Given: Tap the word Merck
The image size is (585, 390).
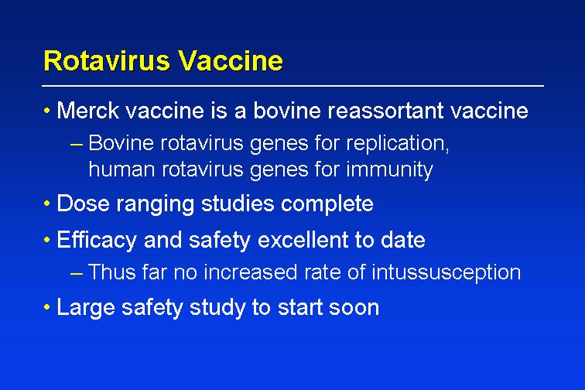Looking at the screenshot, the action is coord(88,111).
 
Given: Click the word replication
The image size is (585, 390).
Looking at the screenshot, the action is coord(397,144).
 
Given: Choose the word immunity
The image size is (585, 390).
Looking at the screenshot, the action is coord(389,170).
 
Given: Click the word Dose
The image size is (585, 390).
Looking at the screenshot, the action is coord(83,204).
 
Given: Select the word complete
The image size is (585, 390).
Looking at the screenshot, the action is coord(327,204).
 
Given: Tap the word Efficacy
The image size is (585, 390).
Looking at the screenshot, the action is coord(97,240).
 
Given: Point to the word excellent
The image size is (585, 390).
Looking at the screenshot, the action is coord(303,240).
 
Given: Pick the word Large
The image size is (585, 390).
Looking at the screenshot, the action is coord(86,308).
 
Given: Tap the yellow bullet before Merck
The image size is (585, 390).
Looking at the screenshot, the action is coord(46,111).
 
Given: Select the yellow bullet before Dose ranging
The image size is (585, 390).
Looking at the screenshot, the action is coord(46,204).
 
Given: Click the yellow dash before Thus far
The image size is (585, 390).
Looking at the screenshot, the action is coord(76,274).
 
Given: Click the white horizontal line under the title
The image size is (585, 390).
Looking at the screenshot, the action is coord(292,86).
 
